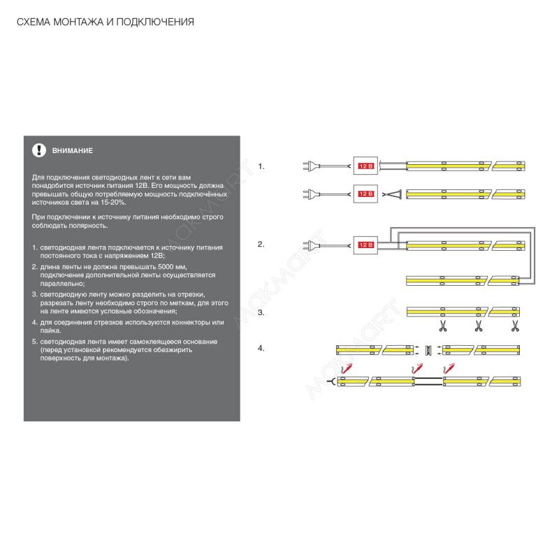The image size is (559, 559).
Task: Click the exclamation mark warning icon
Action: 37,150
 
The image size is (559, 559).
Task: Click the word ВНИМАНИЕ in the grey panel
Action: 73,151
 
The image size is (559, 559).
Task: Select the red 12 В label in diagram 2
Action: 366,245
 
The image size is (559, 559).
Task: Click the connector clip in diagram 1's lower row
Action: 395,194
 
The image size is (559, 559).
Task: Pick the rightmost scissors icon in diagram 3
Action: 515,326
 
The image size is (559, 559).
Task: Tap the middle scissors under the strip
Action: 479,326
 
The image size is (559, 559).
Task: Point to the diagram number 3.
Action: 261,312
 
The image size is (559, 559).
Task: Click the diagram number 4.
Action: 261,347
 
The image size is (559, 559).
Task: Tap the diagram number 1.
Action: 261,166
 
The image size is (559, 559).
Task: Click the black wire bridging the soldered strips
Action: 428,380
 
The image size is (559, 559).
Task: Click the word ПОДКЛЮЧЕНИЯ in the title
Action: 157,22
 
